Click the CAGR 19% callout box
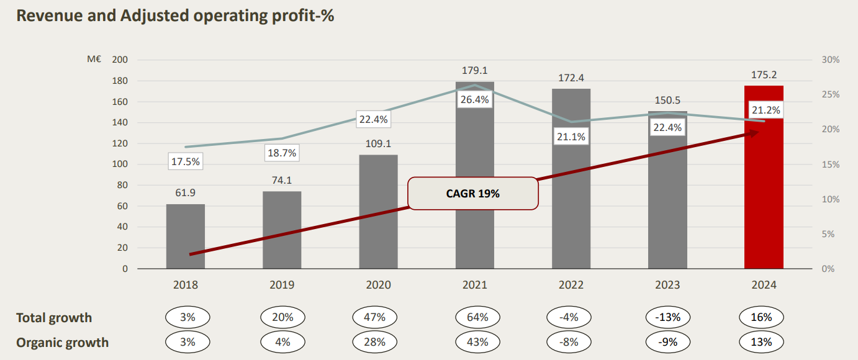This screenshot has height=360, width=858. coord(472,194)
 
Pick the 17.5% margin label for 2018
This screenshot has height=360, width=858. coord(185,161)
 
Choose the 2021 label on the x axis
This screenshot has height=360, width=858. coord(474,285)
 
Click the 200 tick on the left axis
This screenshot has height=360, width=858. coord(119,60)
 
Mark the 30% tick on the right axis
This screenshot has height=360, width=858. coord(830,60)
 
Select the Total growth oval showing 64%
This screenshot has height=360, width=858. coord(474,317)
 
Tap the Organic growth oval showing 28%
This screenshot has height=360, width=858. coord(378,342)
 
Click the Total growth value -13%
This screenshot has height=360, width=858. coord(667,317)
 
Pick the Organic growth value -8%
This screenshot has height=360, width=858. coord(571,342)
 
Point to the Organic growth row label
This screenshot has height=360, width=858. coord(62,343)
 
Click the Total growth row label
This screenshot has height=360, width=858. coord(54,318)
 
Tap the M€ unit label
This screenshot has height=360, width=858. coord(94,60)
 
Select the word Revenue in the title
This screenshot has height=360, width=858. coord(48,16)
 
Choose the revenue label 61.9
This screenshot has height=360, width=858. coord(185,193)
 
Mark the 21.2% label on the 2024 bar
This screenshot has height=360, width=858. coord(764,110)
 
